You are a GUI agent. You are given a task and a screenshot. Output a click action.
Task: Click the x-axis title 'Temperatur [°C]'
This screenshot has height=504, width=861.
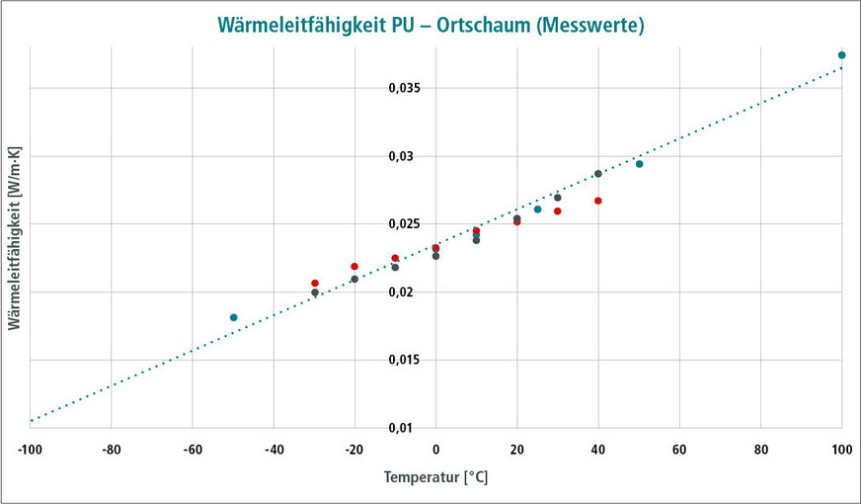[x=435, y=477]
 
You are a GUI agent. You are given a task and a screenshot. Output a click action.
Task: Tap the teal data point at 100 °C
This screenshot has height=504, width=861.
[x=841, y=55]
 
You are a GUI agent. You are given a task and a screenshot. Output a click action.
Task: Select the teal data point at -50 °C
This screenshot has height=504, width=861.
[x=233, y=317]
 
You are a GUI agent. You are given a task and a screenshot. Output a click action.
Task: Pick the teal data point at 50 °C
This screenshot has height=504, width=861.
[x=639, y=164]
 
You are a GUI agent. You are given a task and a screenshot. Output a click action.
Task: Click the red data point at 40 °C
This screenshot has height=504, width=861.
[x=597, y=201]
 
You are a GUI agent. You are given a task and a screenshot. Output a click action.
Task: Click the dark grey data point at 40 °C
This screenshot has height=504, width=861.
[x=597, y=174]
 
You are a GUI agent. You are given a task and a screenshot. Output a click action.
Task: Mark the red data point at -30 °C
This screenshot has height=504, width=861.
[x=315, y=284]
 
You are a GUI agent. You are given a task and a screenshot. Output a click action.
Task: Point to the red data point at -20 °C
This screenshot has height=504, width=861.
[x=354, y=267]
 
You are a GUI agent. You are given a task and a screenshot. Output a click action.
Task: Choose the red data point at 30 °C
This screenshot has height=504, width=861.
[x=557, y=211]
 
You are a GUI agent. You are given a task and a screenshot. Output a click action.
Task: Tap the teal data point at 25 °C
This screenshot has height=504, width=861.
[x=537, y=210]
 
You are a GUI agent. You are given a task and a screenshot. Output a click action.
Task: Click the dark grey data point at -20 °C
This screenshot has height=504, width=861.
[x=354, y=279]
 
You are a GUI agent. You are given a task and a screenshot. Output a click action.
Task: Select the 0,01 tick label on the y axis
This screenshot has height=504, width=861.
[x=409, y=428]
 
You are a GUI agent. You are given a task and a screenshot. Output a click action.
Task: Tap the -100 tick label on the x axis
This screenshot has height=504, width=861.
[x=30, y=450]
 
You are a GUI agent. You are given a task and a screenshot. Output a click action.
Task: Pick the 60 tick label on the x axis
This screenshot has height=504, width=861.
[x=679, y=450]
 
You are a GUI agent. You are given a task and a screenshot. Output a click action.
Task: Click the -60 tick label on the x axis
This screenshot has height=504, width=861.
[x=192, y=450]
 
